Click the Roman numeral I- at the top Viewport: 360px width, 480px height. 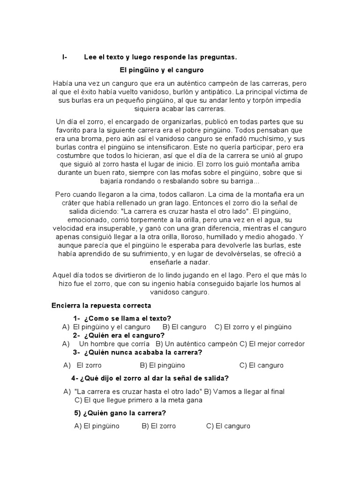(65, 57)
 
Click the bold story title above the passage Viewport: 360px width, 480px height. (161, 70)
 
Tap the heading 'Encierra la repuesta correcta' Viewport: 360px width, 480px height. (101, 305)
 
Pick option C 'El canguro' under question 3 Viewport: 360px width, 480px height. (261, 365)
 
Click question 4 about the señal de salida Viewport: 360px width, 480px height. (150, 378)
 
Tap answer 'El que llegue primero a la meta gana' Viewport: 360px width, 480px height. (138, 400)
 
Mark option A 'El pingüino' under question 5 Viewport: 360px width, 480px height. (97, 426)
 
